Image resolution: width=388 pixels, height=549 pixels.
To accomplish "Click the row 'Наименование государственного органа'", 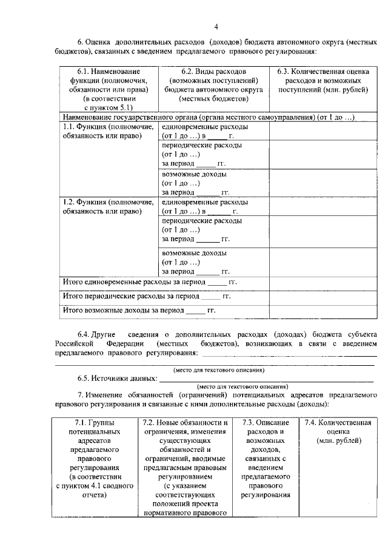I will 209,116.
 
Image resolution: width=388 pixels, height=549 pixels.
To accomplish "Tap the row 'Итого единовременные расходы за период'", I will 150,282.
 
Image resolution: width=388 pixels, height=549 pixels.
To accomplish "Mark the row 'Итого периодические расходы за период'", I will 147,297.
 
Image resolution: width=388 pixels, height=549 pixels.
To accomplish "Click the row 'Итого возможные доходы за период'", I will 139,311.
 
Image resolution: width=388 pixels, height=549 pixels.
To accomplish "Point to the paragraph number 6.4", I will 87,334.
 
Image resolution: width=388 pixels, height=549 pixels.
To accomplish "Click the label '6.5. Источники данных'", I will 116,378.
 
